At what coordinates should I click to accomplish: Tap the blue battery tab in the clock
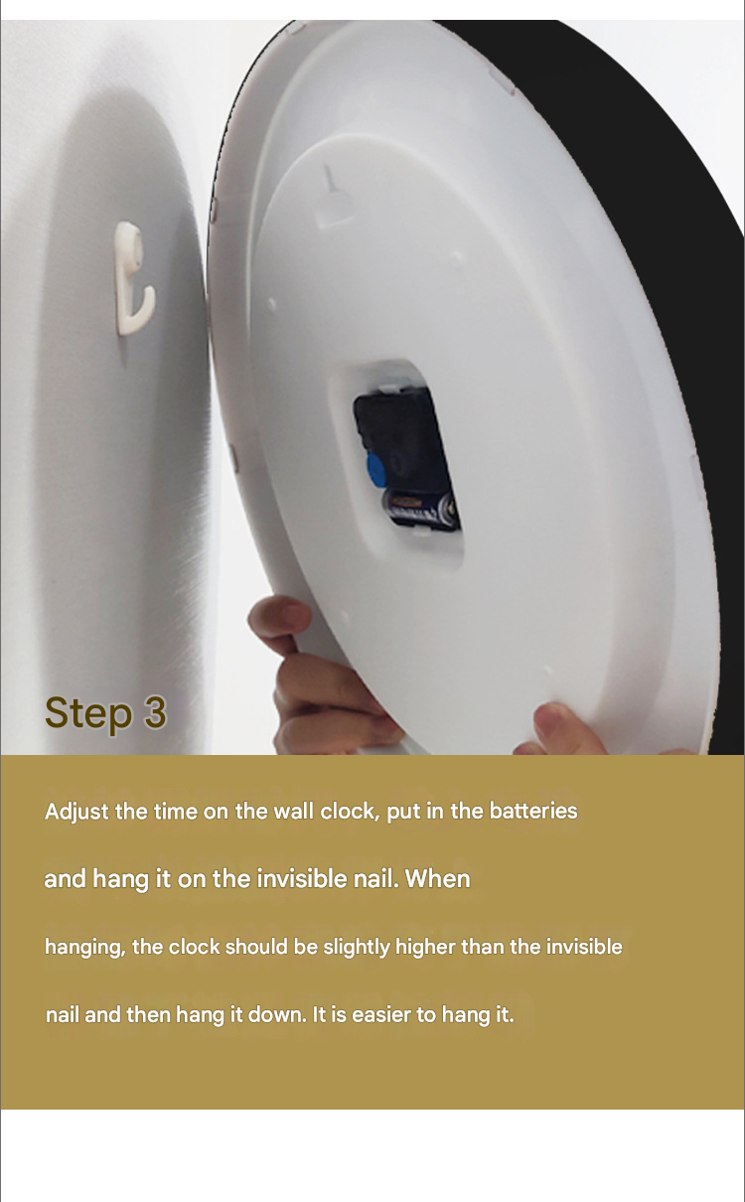[x=378, y=470]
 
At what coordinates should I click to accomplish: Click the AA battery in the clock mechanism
[x=422, y=509]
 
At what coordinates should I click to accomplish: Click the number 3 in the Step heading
[x=155, y=712]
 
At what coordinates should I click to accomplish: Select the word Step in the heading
[x=88, y=713]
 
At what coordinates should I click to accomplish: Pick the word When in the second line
[x=437, y=879]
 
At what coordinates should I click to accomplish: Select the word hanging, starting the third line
[x=84, y=948]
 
